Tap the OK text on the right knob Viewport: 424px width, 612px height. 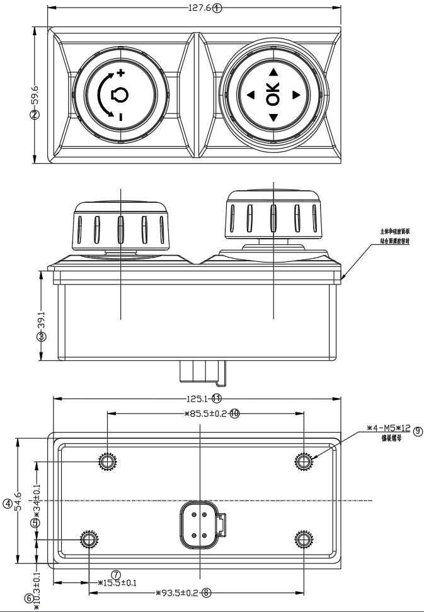coord(272,94)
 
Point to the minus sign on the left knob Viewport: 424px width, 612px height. coord(120,116)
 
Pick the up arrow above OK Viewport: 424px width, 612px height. coord(273,72)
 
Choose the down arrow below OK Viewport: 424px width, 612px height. coord(273,118)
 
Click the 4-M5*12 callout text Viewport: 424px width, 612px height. coord(388,429)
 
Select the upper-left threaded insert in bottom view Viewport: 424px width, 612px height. coord(107,462)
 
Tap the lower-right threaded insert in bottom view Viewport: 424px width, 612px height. coord(304,540)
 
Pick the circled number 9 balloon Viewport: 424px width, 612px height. coord(417,431)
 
